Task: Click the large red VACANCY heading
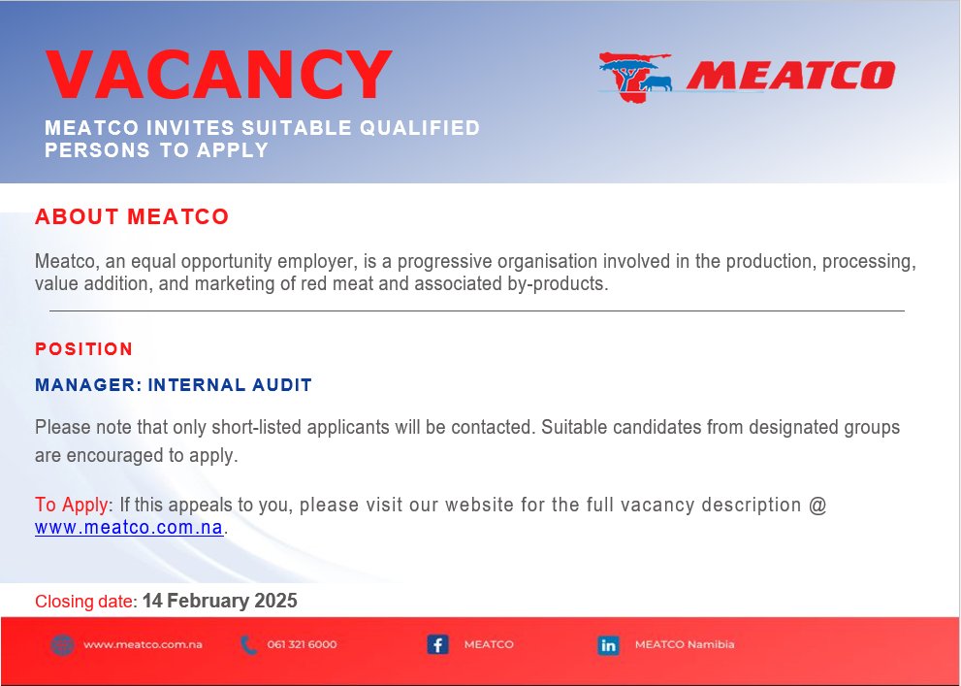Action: click(x=218, y=75)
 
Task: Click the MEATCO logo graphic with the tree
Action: click(x=635, y=74)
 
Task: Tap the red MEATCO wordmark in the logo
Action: click(x=789, y=76)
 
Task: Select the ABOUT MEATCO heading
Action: click(x=132, y=216)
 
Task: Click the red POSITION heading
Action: click(x=84, y=349)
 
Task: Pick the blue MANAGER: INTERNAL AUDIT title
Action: click(x=174, y=385)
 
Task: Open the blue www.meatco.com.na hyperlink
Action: click(x=129, y=529)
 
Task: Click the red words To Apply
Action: click(x=73, y=506)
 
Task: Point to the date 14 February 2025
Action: click(x=219, y=601)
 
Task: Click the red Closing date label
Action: click(x=85, y=602)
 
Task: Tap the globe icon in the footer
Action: click(x=62, y=644)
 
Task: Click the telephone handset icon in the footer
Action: click(x=248, y=644)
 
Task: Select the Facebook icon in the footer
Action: click(x=437, y=644)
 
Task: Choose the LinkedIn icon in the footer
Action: click(x=608, y=644)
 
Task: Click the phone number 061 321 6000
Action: click(x=302, y=644)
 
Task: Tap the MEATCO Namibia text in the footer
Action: click(x=684, y=644)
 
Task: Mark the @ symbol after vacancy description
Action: click(x=817, y=506)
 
